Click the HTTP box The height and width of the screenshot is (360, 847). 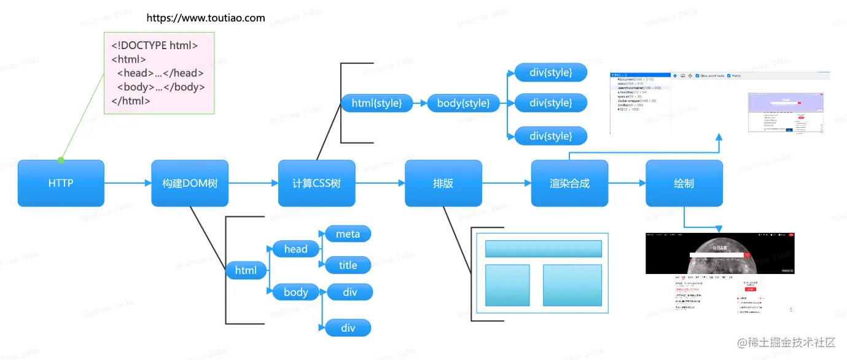[61, 183]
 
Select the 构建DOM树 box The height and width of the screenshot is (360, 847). [190, 183]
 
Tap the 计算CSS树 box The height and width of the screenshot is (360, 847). [316, 183]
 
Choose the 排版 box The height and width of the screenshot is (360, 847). [443, 183]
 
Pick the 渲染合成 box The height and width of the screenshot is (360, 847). [569, 183]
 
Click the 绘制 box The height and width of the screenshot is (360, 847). [684, 183]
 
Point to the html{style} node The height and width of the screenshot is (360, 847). [377, 103]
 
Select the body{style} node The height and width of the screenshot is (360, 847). [463, 103]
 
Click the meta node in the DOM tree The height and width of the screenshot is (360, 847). [348, 234]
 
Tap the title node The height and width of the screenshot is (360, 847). [348, 265]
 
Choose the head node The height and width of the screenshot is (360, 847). [295, 249]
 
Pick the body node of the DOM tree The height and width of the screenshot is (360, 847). [295, 292]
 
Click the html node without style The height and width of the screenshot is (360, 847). [246, 270]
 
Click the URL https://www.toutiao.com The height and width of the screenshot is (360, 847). [206, 18]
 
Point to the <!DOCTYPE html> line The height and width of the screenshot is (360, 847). [154, 45]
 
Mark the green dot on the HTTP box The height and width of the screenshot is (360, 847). [61, 160]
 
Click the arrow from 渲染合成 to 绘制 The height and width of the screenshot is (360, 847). [626, 183]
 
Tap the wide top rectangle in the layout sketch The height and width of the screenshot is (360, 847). [543, 249]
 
